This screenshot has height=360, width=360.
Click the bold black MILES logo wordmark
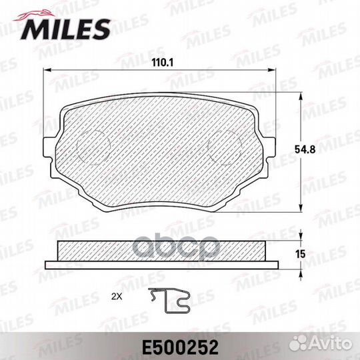66,29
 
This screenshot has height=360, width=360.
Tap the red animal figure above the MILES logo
35,15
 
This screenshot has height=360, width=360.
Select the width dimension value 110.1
163,63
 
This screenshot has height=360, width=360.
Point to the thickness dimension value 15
300,255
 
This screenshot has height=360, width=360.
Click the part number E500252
180,347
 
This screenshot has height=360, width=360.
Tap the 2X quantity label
117,297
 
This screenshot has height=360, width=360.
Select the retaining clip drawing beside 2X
169,301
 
